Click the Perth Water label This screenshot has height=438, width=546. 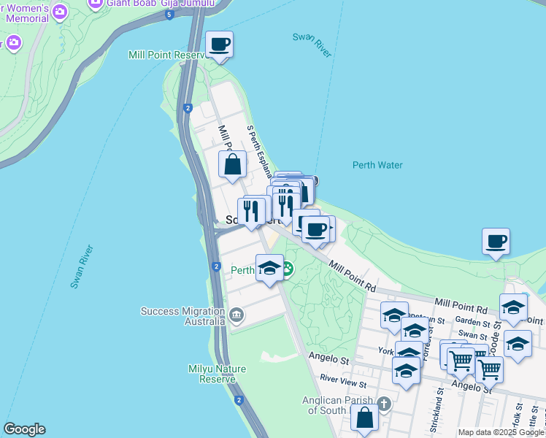point(377,165)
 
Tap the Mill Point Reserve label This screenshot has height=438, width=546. point(168,55)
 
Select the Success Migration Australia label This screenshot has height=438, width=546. point(183,316)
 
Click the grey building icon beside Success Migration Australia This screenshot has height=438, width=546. point(236,315)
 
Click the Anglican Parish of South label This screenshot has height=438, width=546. point(337,405)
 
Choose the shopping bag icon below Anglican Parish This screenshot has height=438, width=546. point(364,420)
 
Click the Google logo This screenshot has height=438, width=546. point(24,429)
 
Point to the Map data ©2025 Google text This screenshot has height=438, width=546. point(501,432)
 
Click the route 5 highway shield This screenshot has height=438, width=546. point(169,15)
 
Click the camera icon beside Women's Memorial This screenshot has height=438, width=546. point(59,11)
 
